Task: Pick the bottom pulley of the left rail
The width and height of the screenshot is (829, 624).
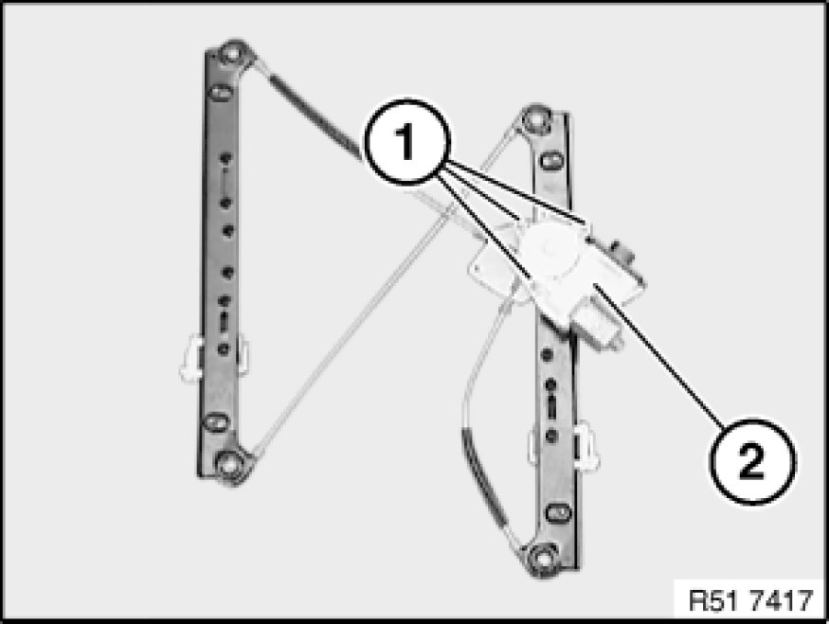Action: click(x=228, y=464)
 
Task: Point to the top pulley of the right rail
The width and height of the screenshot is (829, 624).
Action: click(x=535, y=121)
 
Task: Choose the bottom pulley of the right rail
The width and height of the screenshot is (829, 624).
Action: click(x=542, y=557)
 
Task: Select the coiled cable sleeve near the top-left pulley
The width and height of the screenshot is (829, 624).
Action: click(x=312, y=112)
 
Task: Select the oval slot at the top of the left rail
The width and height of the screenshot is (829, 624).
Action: click(x=220, y=94)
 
